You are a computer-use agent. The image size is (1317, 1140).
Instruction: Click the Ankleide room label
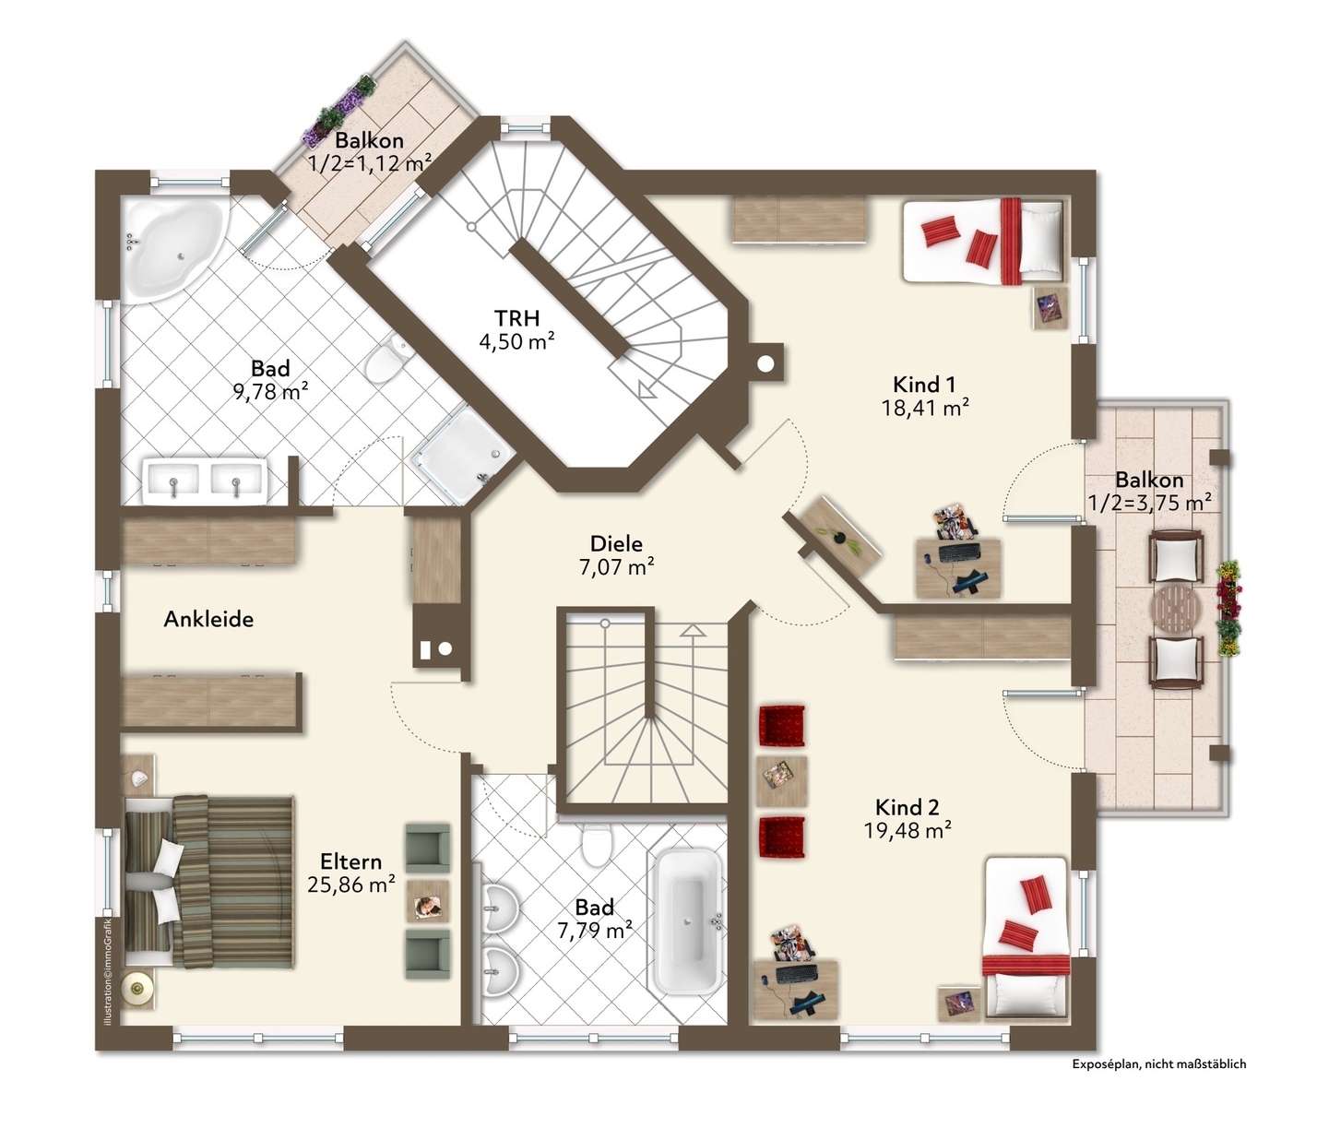click(208, 620)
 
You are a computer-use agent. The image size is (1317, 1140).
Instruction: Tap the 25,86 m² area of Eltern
click(351, 885)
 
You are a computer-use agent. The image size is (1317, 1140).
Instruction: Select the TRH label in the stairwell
click(516, 317)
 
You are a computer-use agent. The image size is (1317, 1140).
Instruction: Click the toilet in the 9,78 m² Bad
click(386, 360)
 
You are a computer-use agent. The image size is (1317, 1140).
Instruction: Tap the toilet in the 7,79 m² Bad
click(597, 844)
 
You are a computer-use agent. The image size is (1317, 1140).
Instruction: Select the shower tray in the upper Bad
click(462, 455)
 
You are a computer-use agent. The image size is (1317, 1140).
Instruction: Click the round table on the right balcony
click(1176, 610)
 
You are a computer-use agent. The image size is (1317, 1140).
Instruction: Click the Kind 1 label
click(924, 385)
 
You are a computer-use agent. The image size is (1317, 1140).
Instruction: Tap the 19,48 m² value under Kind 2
click(908, 830)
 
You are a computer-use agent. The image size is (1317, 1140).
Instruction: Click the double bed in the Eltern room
click(209, 882)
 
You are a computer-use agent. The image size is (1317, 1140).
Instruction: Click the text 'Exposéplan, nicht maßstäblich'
click(1159, 1063)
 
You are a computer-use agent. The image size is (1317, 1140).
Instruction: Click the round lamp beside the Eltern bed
click(136, 989)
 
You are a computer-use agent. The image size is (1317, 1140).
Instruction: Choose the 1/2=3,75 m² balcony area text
click(1149, 504)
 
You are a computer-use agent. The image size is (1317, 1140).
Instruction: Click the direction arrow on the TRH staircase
click(647, 388)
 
